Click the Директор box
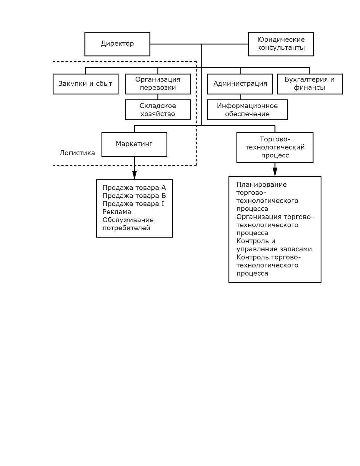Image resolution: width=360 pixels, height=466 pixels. [x=117, y=44]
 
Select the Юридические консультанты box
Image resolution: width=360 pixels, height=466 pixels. [x=281, y=44]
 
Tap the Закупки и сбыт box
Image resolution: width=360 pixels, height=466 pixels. [x=86, y=84]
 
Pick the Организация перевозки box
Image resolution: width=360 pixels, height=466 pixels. [x=158, y=84]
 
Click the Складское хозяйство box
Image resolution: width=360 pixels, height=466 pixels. [x=158, y=109]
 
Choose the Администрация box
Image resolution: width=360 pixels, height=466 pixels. [x=240, y=84]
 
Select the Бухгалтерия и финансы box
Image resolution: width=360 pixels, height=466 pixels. [x=310, y=84]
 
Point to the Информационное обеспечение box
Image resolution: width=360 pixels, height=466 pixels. [x=247, y=109]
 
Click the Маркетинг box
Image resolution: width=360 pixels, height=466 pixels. [x=134, y=144]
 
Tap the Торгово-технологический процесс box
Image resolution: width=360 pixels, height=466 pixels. [x=275, y=147]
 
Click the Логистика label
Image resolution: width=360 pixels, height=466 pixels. [x=77, y=153]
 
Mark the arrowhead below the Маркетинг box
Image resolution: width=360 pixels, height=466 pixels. [x=134, y=175]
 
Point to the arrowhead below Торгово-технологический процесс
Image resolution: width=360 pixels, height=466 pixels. [x=275, y=172]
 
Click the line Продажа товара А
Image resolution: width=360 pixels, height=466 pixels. [x=134, y=188]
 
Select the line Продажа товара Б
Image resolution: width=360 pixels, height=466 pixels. [x=134, y=196]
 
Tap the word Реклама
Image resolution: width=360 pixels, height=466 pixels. [x=117, y=212]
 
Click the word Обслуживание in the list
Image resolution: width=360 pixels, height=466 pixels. [x=128, y=220]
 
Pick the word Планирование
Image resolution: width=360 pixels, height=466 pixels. [x=261, y=185]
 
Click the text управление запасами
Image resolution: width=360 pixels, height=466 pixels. [x=274, y=249]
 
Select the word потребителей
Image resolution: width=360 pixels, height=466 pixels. [x=126, y=228]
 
